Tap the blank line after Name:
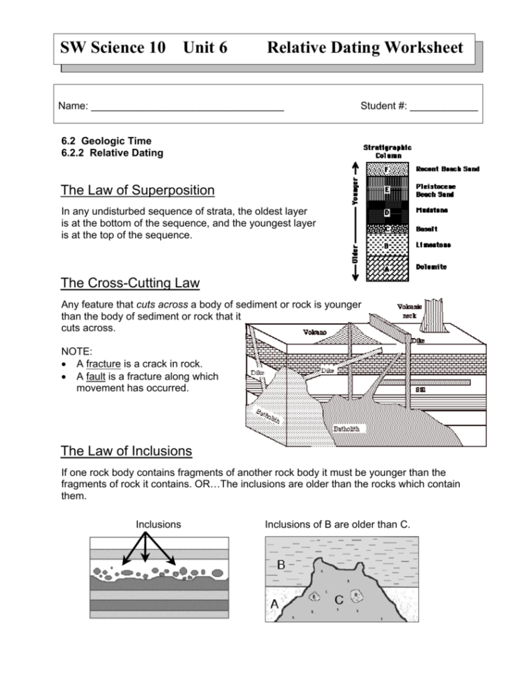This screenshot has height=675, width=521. [188, 108]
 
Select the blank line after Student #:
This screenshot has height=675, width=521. [444, 108]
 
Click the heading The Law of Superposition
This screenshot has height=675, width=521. [138, 190]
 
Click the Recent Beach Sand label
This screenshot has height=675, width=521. [447, 168]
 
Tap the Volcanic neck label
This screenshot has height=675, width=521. [409, 310]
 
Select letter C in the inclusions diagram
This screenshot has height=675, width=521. [339, 599]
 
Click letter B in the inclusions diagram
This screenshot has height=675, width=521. [281, 565]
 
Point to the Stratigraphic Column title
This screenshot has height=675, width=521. [387, 151]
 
